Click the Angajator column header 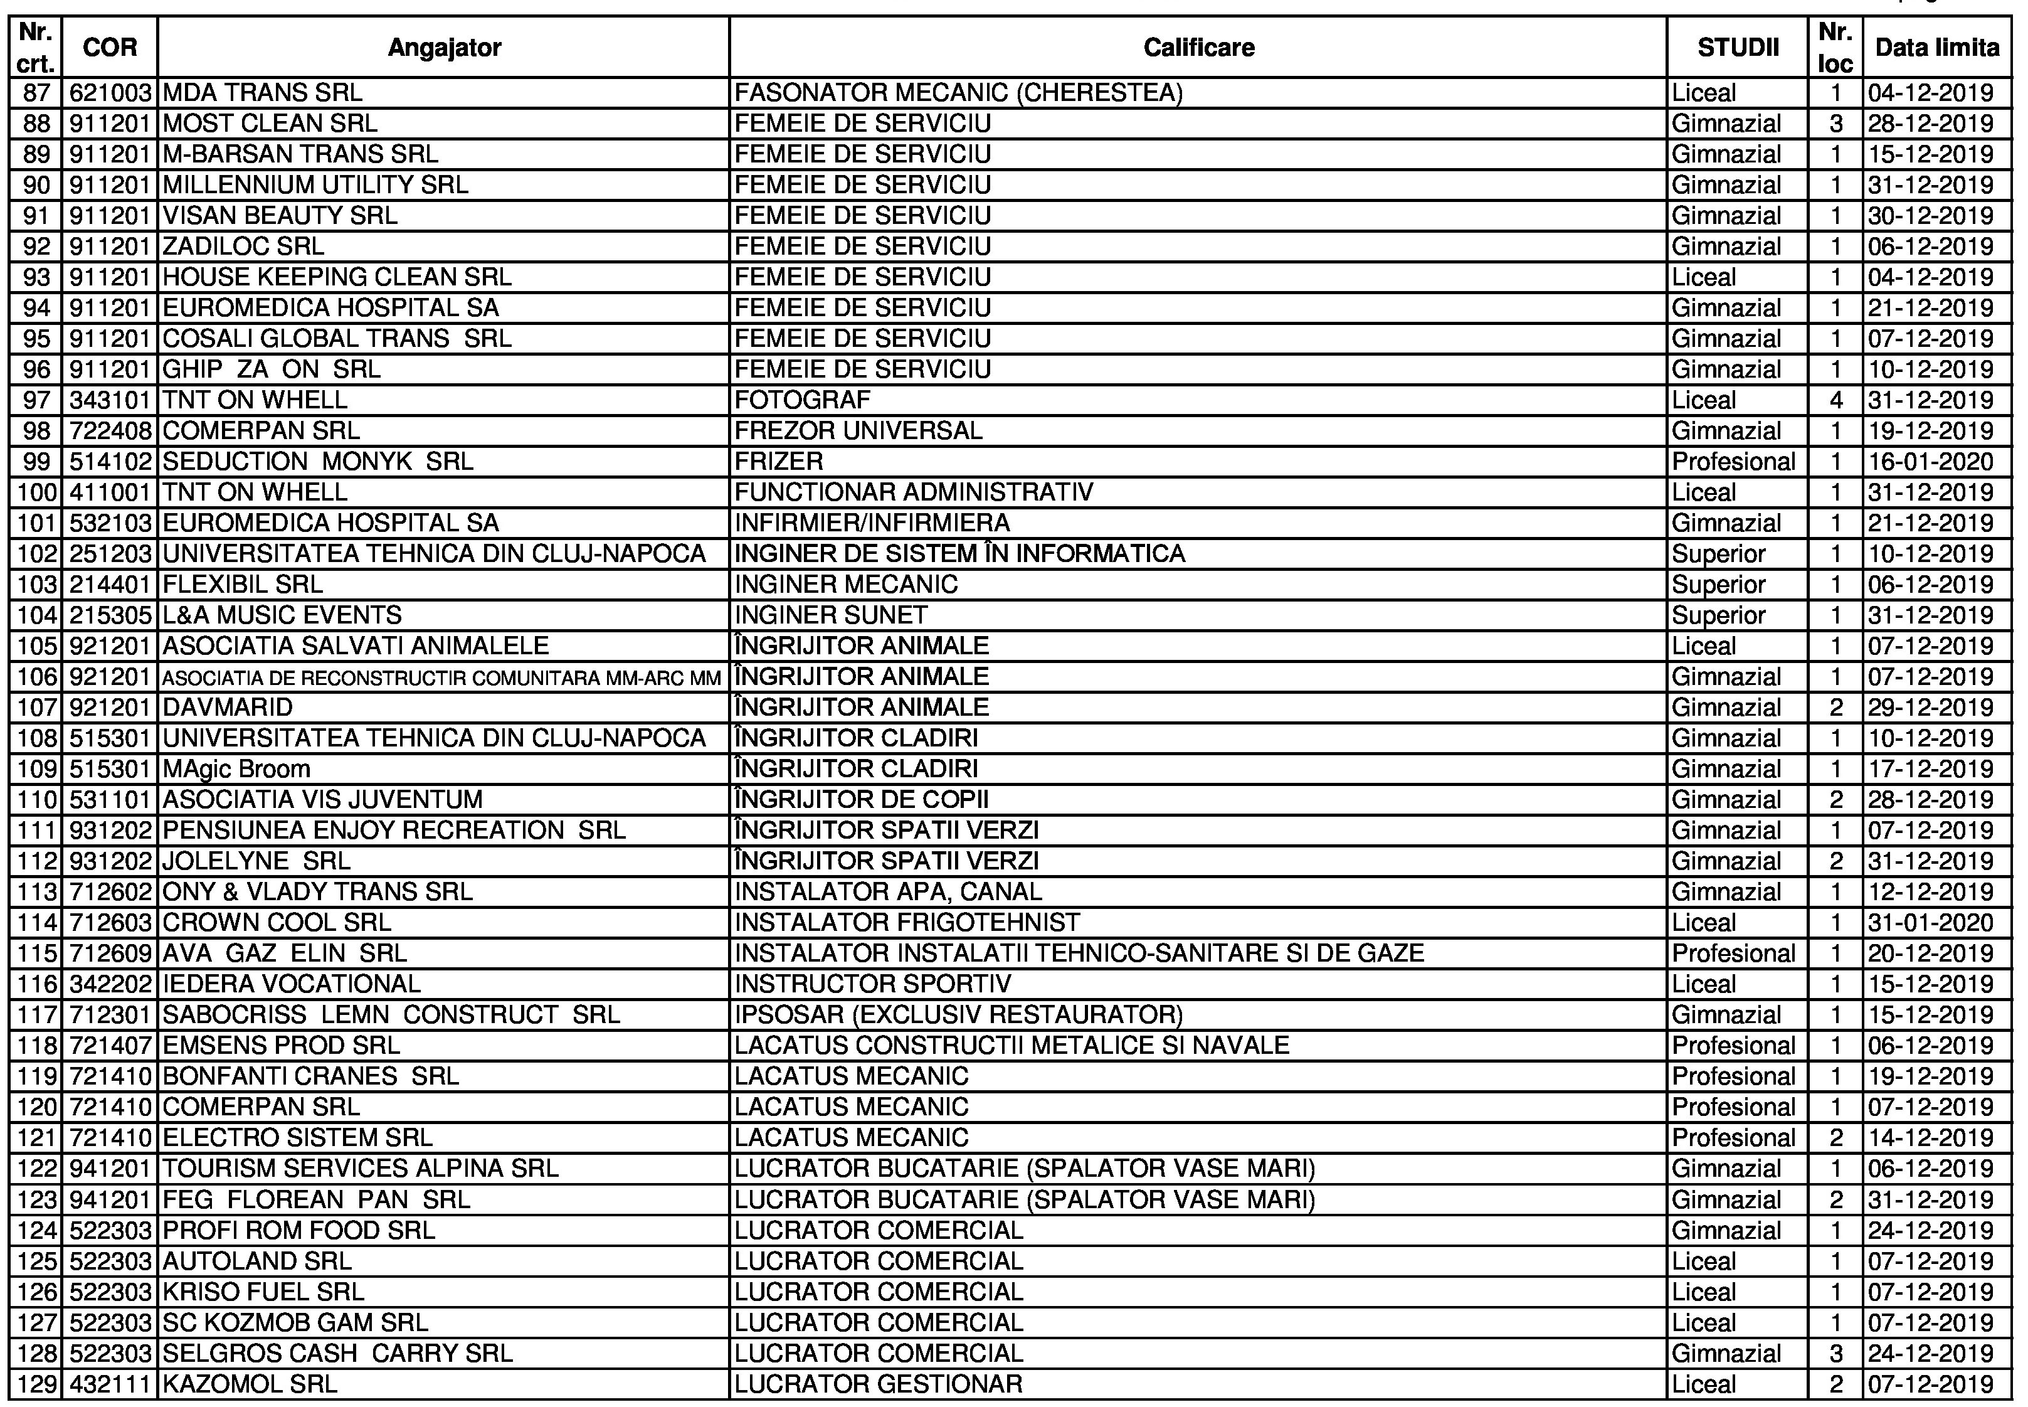pos(443,48)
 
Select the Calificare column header pos(1198,48)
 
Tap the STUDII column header pos(1737,48)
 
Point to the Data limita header pos(1936,48)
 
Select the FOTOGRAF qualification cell pos(802,401)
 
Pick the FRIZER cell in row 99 pos(778,462)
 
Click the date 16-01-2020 pos(1930,462)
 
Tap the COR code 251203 pos(110,555)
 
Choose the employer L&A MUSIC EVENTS pos(282,615)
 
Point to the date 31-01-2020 pos(1930,923)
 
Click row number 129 pos(36,1384)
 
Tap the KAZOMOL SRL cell pos(250,1384)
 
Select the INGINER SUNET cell pos(830,615)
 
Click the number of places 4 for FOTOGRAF pos(1836,401)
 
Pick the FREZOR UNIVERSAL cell pos(858,431)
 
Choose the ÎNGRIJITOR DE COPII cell pos(861,800)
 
